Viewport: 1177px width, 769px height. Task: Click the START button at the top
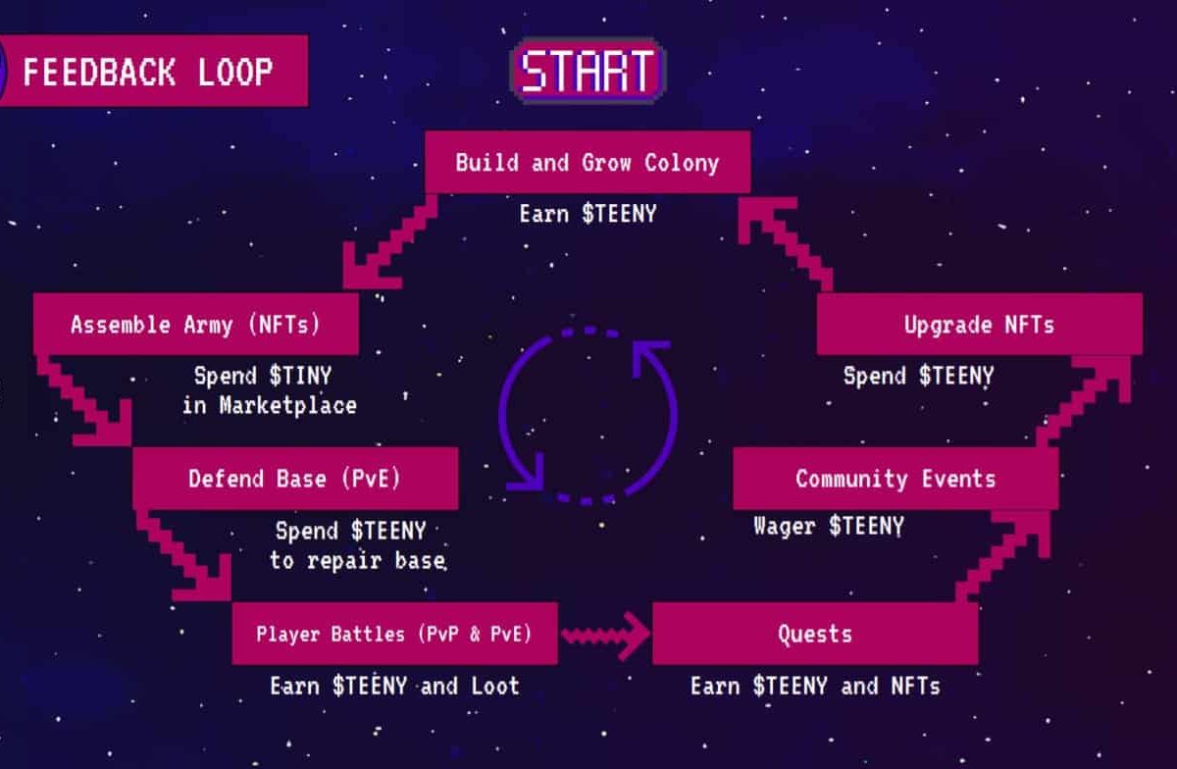588,71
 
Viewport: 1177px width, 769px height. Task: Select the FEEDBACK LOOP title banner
153,71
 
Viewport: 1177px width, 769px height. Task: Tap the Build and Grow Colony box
588,163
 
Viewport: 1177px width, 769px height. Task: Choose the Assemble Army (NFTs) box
196,324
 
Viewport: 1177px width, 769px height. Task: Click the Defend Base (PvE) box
295,479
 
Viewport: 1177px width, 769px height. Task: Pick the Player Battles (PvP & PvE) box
394,634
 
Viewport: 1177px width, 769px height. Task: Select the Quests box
815,634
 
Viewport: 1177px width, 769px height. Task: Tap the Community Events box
896,479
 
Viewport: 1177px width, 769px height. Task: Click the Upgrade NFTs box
980,324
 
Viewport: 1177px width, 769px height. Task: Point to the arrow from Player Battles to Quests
605,636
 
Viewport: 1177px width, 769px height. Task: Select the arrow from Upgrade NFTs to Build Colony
786,244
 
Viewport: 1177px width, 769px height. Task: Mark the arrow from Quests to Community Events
1003,557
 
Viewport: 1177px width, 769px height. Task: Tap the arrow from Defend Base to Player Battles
183,556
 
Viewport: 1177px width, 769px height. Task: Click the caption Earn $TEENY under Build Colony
588,214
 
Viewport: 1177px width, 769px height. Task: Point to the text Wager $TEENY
829,526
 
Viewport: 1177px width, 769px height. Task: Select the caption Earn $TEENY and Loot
394,686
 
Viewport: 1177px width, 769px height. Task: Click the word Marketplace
288,406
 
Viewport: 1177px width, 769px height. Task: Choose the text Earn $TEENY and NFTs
815,686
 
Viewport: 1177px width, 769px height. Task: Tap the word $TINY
300,376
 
